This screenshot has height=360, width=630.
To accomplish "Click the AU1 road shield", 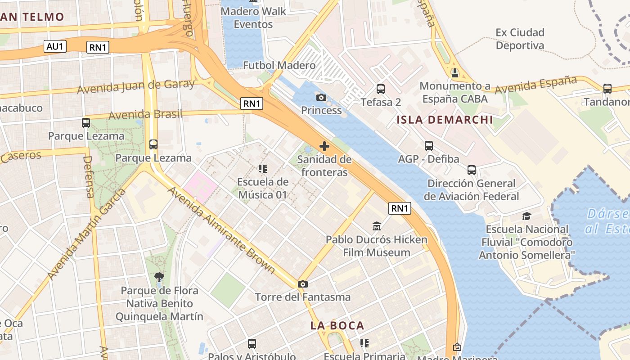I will [55, 46].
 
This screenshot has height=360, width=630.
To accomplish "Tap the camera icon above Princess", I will [321, 97].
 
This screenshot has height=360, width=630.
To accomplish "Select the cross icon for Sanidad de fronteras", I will [324, 146].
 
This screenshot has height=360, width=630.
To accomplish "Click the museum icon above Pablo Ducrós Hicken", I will [377, 226].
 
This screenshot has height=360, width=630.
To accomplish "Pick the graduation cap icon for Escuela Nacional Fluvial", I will [526, 216].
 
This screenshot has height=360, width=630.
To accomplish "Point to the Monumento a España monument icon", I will [455, 72].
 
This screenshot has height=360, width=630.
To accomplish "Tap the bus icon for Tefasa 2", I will [381, 89].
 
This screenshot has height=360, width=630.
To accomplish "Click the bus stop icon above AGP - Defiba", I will [429, 146].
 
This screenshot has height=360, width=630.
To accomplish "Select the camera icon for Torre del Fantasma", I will [303, 284].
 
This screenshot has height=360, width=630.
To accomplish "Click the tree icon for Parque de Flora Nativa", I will [159, 277].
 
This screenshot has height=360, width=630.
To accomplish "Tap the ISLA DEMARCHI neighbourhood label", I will [445, 120].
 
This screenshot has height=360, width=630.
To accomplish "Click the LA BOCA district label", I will [337, 325].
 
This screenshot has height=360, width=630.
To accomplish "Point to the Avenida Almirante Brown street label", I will [221, 229].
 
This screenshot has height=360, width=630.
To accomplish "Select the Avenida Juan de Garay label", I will [136, 86].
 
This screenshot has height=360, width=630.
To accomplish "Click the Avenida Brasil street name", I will [146, 114].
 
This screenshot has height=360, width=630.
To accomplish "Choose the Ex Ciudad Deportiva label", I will [520, 39].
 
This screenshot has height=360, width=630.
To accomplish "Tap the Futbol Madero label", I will [279, 65].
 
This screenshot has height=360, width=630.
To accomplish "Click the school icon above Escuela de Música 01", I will [263, 169].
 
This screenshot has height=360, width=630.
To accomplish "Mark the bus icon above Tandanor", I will [607, 89].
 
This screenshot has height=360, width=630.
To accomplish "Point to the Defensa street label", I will [89, 176].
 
